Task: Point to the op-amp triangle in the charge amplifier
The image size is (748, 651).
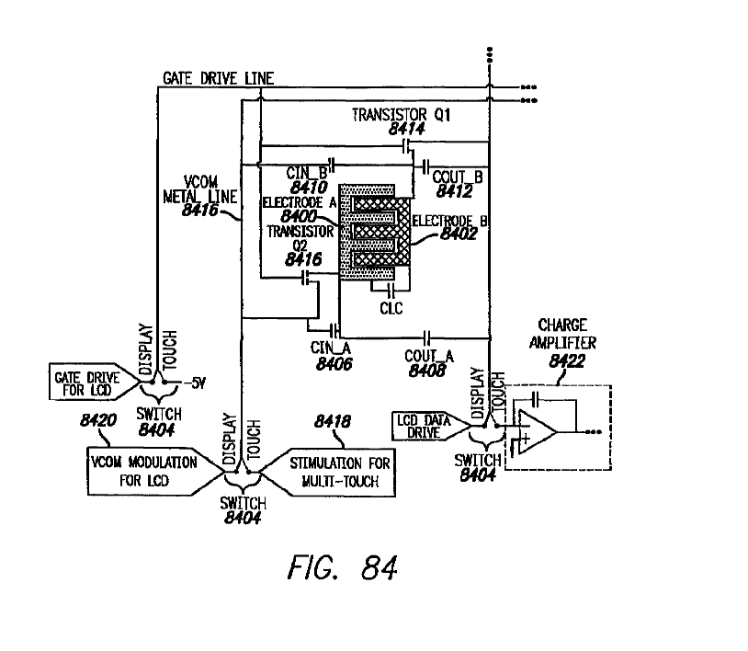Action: (x=537, y=428)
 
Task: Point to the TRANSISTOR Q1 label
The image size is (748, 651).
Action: (x=403, y=115)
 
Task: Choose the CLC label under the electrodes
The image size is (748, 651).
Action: (x=391, y=309)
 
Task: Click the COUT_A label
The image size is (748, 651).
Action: (x=429, y=353)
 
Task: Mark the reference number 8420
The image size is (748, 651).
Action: (x=98, y=422)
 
